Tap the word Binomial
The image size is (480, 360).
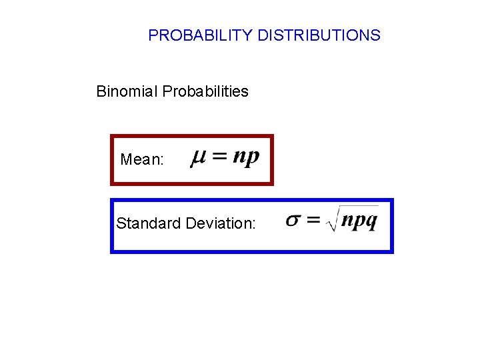coord(125,91)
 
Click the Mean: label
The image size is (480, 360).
coord(142,160)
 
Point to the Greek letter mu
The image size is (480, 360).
coord(198,159)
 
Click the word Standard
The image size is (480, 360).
coord(149,223)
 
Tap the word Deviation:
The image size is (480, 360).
coord(221,223)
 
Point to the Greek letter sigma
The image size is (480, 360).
coord(293,220)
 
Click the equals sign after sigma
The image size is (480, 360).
coord(314,220)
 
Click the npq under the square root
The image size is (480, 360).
coord(359,220)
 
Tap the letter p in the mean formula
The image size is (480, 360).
coord(253,159)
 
